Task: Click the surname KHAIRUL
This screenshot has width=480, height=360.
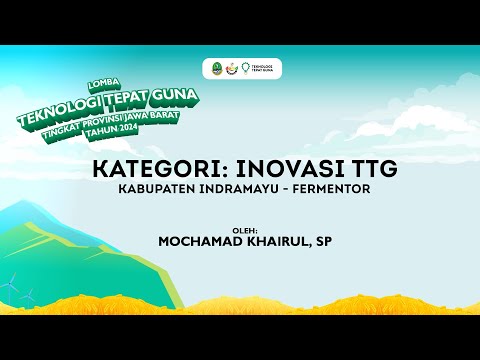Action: pyautogui.click(x=274, y=241)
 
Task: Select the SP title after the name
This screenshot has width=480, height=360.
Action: pyautogui.click(x=324, y=241)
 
